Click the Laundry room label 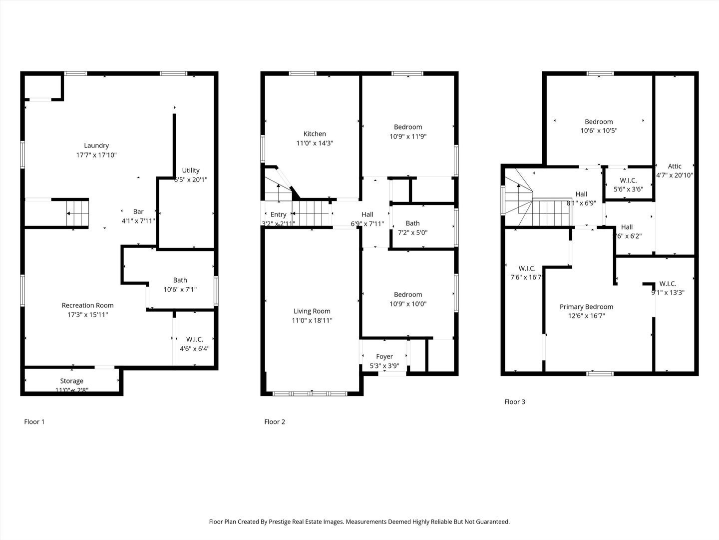click(96, 145)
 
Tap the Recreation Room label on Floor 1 click(87, 305)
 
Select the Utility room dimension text click(190, 179)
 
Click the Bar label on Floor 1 click(138, 211)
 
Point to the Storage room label click(72, 381)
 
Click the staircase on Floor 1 click(77, 213)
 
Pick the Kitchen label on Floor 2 click(315, 133)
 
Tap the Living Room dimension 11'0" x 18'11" click(312, 320)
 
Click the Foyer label click(384, 356)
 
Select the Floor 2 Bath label click(413, 223)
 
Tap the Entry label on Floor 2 click(279, 214)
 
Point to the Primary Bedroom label click(586, 306)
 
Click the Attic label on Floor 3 click(675, 166)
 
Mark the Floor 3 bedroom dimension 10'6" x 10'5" click(599, 130)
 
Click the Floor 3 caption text click(515, 401)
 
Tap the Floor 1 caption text click(34, 421)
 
